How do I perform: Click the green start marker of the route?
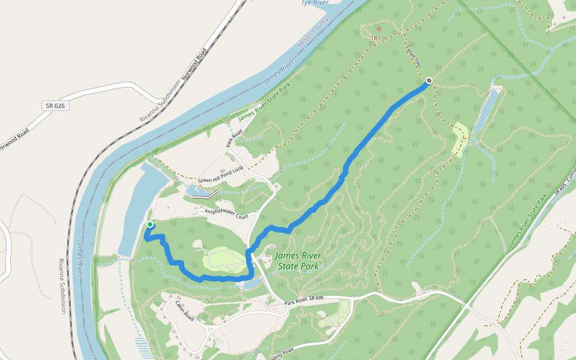149,225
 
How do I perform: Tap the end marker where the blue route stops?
429,80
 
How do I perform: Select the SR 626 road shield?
55,106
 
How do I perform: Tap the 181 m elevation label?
378,38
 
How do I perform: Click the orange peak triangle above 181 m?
378,28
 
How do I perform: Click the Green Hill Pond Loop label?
221,175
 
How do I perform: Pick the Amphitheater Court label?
226,212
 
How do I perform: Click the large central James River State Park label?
298,260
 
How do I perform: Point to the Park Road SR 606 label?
304,298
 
